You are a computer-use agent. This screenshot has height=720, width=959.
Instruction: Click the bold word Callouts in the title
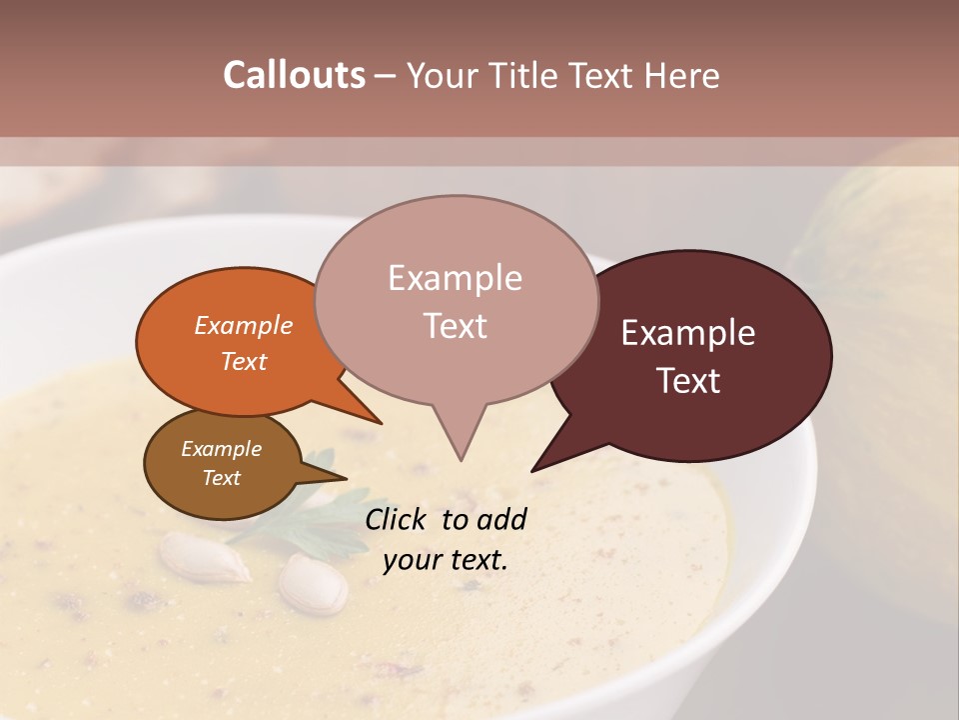point(294,75)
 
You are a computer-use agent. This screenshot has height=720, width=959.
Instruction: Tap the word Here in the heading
point(682,76)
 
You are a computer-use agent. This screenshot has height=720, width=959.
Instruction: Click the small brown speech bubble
point(220,463)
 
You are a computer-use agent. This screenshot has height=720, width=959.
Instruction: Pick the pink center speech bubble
point(456,300)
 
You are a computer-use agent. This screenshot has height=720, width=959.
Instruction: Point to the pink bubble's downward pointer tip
point(461,459)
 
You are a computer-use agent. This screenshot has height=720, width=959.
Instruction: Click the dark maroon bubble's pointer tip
point(533,469)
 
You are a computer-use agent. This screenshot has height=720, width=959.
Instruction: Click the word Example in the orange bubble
point(243,325)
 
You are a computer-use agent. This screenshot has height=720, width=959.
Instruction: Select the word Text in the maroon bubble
point(689,381)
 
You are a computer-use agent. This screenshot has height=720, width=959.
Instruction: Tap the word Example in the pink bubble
point(455,277)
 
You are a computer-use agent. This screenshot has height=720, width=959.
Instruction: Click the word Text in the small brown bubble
point(221,478)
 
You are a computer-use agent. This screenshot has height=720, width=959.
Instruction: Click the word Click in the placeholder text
point(399,519)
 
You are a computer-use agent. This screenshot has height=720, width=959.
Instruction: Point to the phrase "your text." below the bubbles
point(445,560)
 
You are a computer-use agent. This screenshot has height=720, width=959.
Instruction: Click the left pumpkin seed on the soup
point(205,557)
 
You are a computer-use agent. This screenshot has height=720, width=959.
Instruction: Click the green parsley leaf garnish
point(320,520)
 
